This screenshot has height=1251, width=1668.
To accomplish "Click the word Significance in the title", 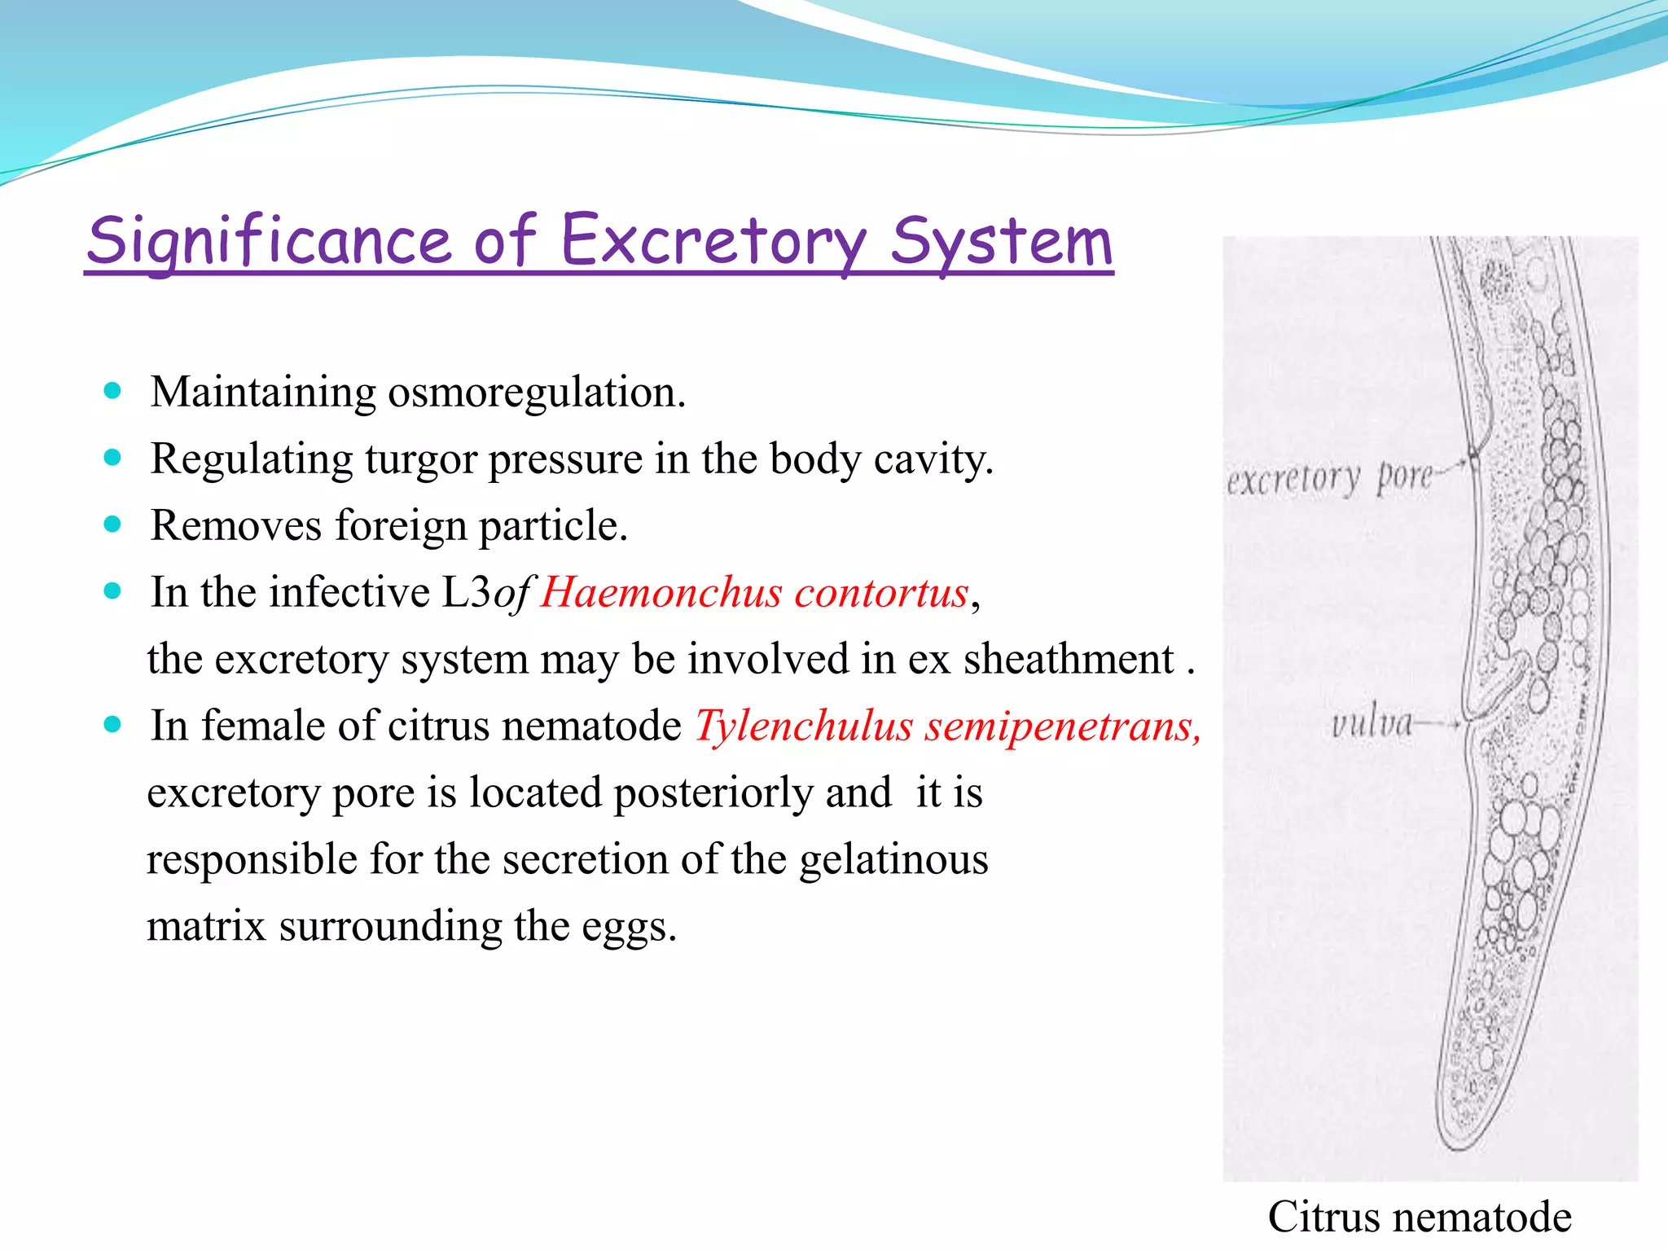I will click(x=269, y=241).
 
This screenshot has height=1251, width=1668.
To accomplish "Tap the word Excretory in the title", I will click(x=713, y=241).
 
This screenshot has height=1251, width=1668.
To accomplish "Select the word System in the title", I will click(x=1002, y=241).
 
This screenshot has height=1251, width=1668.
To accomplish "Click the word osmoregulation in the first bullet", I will click(x=536, y=393).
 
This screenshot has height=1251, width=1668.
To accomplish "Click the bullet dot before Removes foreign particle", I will click(x=113, y=525).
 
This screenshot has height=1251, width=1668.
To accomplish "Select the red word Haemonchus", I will click(x=661, y=592).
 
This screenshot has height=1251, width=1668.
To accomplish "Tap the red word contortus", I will click(x=881, y=592).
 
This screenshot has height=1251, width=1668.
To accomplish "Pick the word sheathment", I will click(x=1069, y=659).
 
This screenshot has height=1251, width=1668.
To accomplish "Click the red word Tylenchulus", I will click(x=804, y=726).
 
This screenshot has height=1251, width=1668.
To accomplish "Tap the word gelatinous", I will click(x=893, y=859).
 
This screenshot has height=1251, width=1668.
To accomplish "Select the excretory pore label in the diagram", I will click(x=1329, y=478).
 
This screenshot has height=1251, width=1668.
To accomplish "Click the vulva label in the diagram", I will click(x=1372, y=722).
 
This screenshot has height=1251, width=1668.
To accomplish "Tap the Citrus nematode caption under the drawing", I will click(x=1420, y=1217).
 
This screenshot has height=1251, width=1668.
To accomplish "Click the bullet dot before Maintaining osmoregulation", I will click(x=113, y=391).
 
